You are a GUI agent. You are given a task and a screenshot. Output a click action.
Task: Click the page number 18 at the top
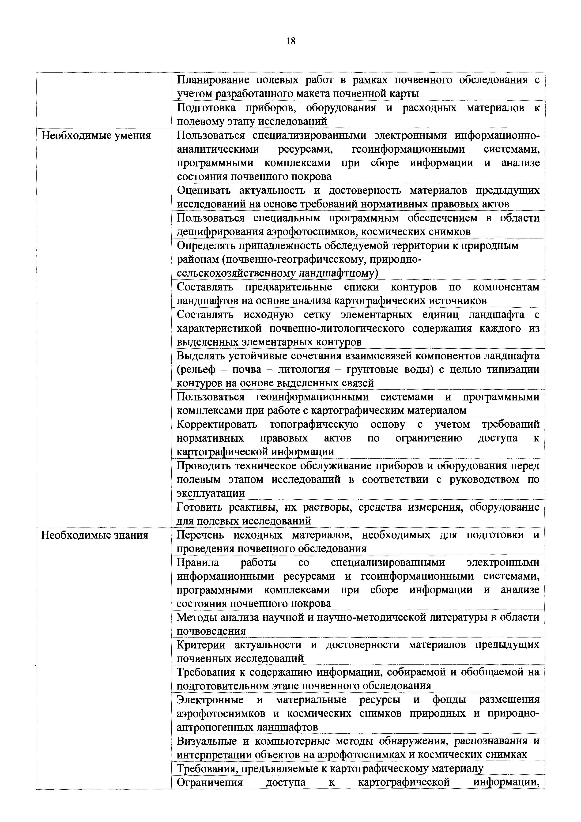[x=291, y=41]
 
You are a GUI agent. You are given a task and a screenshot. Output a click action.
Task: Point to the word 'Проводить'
[x=203, y=466]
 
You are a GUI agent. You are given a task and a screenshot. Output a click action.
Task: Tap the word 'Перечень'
[x=200, y=535]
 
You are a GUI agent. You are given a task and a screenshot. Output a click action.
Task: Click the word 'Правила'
[x=198, y=563]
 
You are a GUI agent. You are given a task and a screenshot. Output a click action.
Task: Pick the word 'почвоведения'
[x=211, y=631]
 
